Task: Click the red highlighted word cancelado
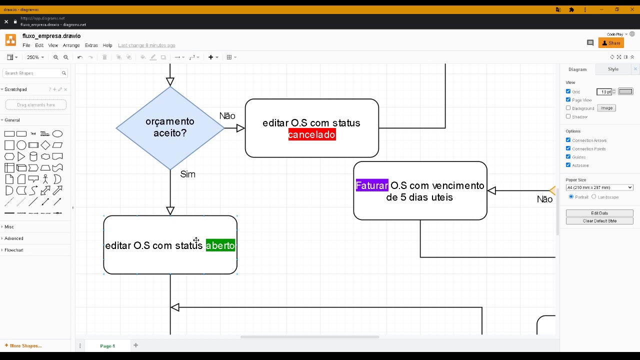point(311,134)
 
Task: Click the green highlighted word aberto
point(220,245)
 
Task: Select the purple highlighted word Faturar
point(371,185)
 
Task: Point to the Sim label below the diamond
point(187,174)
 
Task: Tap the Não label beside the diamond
point(227,116)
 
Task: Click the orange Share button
point(611,43)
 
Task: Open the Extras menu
point(91,45)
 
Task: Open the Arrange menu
point(71,45)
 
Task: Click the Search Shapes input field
point(32,73)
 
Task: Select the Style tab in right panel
point(613,69)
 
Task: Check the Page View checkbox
point(568,99)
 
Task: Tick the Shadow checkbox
point(568,116)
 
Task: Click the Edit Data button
point(599,213)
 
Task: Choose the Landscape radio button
point(594,197)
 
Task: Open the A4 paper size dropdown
point(599,187)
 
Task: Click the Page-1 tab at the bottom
point(107,346)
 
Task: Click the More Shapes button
point(23,346)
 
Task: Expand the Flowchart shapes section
point(14,250)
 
